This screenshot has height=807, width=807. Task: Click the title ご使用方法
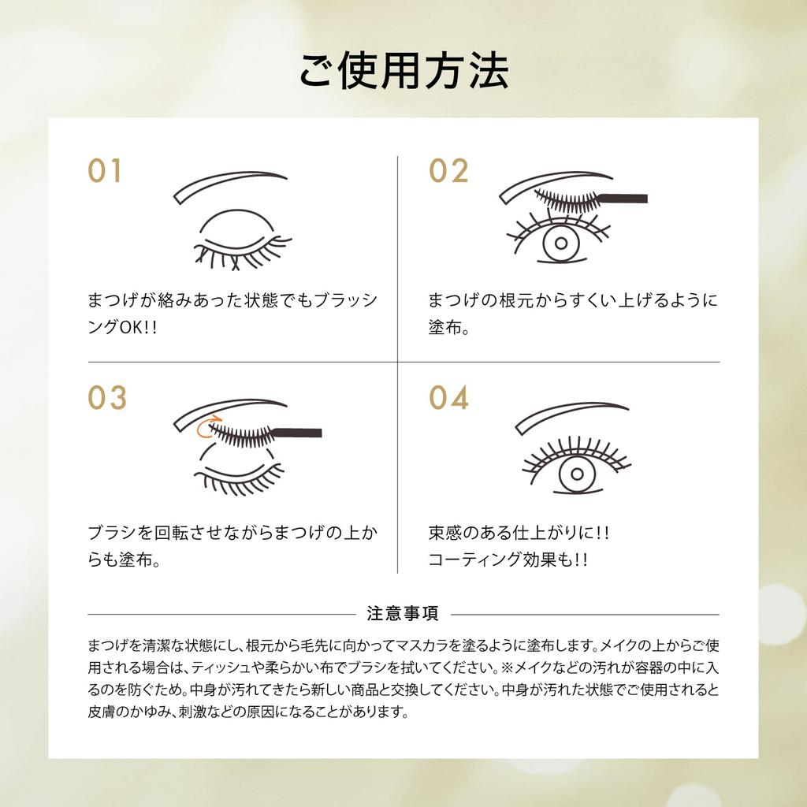403,71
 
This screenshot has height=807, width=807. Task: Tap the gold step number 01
105,171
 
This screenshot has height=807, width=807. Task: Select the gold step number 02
448,171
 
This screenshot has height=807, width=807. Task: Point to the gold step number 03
107,398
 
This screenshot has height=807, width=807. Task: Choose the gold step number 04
448,398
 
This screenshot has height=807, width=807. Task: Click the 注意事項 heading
403,613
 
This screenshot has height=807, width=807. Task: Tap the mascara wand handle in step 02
624,198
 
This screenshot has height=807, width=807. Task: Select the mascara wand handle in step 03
299,433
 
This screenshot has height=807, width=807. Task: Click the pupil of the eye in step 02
561,243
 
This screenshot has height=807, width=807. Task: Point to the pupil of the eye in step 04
578,474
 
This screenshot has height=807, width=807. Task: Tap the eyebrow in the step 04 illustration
571,415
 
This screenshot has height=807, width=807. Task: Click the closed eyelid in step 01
235,226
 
